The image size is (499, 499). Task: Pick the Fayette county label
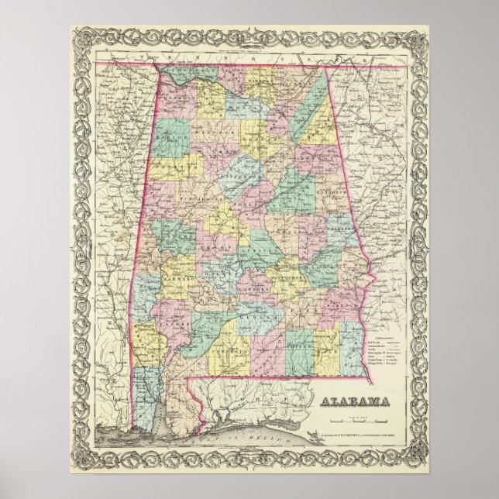click(x=171, y=166)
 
